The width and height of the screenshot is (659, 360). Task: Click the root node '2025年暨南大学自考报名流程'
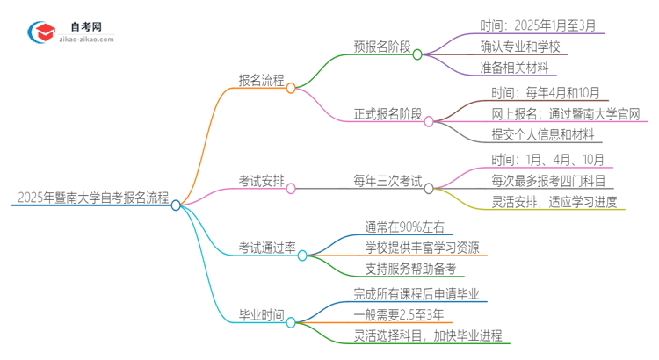[x=91, y=198]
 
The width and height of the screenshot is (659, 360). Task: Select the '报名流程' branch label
[x=262, y=80]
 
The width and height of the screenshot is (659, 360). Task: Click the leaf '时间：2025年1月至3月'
[x=538, y=25]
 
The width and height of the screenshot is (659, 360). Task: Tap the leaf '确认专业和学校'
[x=520, y=47]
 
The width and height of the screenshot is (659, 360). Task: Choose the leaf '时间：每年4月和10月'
[x=538, y=92]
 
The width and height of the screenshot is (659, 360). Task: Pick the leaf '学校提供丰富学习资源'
[x=423, y=248]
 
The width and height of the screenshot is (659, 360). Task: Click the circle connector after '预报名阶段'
[x=417, y=54]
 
